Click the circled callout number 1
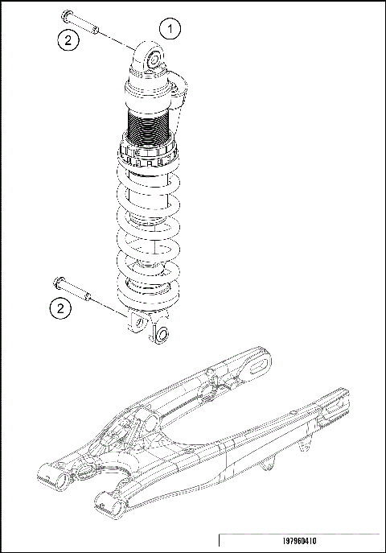(x=170, y=28)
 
